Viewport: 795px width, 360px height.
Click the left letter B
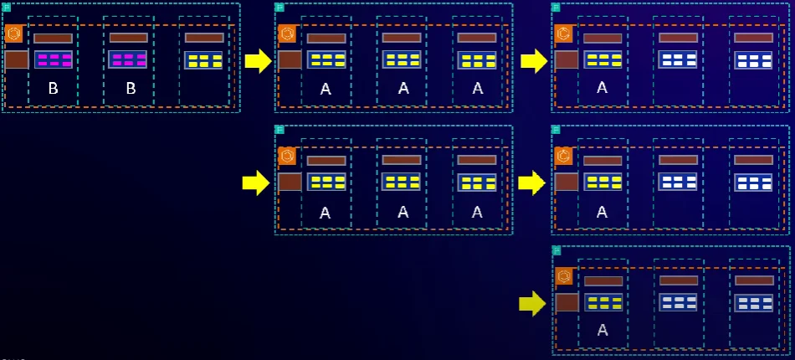[53, 88]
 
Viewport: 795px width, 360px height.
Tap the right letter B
[130, 88]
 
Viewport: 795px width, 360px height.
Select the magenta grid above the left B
[53, 59]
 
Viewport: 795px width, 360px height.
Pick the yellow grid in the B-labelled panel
[203, 60]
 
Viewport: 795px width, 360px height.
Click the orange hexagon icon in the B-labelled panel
[13, 33]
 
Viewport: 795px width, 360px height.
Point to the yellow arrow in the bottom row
[531, 303]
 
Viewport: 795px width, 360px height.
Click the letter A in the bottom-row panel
[602, 330]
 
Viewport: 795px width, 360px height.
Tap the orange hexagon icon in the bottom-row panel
[565, 276]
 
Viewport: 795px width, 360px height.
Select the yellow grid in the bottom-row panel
[603, 302]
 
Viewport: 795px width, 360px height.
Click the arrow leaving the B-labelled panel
[259, 60]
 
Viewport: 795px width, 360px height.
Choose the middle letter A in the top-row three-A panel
[403, 88]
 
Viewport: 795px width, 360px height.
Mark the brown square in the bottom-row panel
[567, 303]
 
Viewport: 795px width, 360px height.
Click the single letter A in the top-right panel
[602, 87]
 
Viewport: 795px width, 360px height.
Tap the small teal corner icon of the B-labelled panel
[6, 8]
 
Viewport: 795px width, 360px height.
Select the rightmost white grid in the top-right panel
[753, 60]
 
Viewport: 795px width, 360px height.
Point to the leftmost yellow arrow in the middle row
[255, 183]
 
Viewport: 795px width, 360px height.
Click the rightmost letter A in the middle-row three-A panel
[477, 212]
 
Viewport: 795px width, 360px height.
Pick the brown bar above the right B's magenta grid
[128, 38]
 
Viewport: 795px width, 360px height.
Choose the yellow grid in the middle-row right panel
[603, 182]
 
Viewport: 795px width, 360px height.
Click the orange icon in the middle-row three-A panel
[288, 156]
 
